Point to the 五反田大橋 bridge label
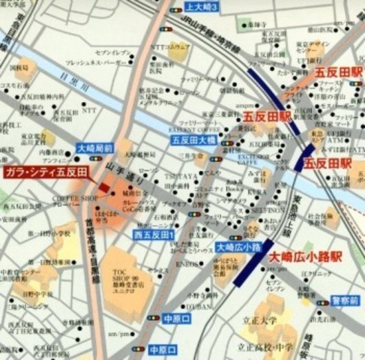[x=193, y=139]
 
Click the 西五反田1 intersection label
[x=154, y=235]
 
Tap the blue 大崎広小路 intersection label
[x=233, y=247]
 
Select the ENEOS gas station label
[x=185, y=265]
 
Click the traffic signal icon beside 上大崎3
[x=175, y=9]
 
